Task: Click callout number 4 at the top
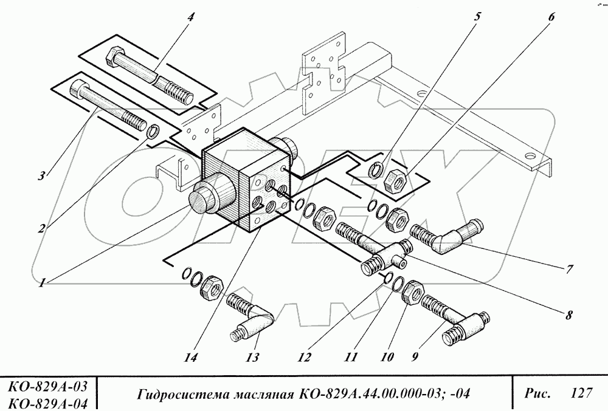click(x=190, y=16)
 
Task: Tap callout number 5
click(x=477, y=16)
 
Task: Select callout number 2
click(x=41, y=229)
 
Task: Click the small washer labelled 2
click(x=154, y=130)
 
